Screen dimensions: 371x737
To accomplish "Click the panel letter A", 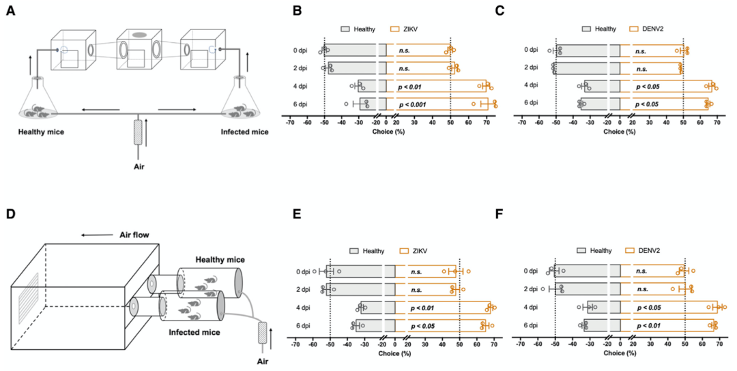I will pos(10,12).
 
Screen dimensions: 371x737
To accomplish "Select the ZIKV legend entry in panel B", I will pos(408,29).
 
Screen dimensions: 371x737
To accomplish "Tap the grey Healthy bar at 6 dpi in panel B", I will pos(373,104).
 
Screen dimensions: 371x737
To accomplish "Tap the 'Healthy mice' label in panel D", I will pos(220,260).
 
